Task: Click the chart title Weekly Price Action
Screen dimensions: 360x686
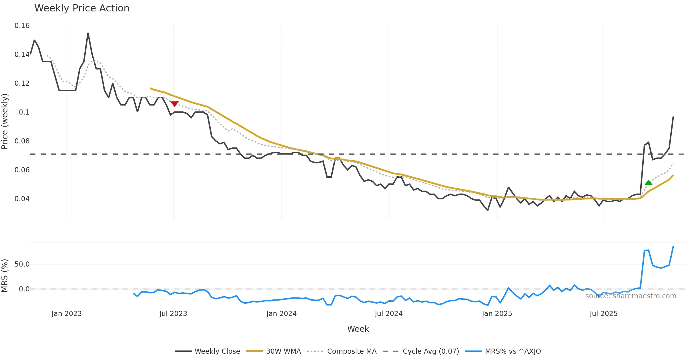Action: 82,8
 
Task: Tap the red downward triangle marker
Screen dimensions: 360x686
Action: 174,104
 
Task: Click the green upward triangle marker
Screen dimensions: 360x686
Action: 649,183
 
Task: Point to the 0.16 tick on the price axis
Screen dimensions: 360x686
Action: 22,26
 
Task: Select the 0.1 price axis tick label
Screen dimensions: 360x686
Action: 24,112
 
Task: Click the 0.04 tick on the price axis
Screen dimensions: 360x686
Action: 22,199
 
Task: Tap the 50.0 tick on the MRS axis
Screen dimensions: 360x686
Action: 22,264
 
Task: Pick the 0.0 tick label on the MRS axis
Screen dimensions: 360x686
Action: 24,289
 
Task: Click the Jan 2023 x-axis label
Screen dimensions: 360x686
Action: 67,314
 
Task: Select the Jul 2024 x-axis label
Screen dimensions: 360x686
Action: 388,314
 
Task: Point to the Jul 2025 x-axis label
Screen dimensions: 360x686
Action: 603,314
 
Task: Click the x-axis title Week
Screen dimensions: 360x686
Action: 358,329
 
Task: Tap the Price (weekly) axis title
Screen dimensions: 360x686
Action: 5,121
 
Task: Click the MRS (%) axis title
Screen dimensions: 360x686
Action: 5,276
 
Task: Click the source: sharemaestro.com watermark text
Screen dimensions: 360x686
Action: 631,296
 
